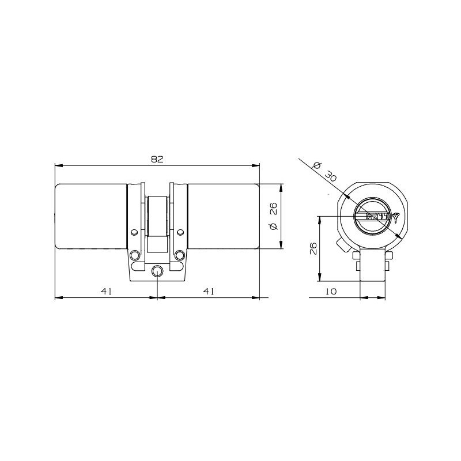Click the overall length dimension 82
coord(157,160)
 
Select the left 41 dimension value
coord(106,291)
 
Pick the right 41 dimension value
coord(209,291)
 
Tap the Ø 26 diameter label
coord(273,216)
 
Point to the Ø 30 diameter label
coord(324,171)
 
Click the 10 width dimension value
coord(331,292)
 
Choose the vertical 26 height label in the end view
coord(313,248)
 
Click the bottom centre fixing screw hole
coord(157,271)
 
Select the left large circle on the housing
coord(135,255)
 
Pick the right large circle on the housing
coord(179,255)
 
